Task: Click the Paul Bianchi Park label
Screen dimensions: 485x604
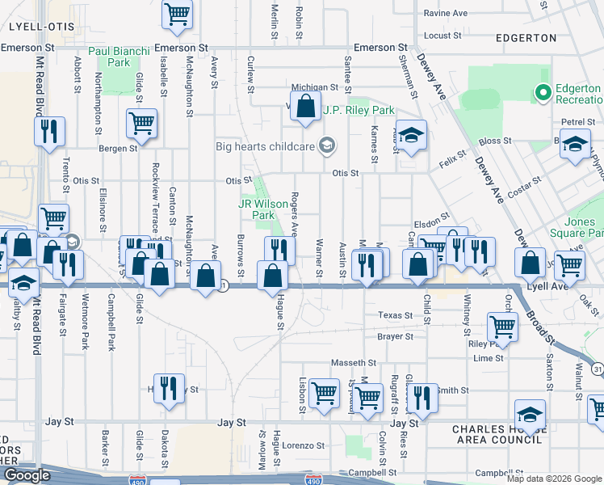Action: tap(119, 57)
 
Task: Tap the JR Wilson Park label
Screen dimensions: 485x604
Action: tap(263, 210)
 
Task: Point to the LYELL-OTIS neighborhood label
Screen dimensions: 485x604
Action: tap(41, 27)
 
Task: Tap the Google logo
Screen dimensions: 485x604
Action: tap(27, 475)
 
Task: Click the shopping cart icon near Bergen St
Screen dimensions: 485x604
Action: tap(141, 124)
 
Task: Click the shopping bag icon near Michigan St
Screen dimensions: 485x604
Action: tap(306, 106)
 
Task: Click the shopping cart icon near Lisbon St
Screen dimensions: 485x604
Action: tap(324, 394)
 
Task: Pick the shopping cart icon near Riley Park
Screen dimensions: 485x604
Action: tap(502, 327)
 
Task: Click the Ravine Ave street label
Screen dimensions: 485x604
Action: tap(446, 14)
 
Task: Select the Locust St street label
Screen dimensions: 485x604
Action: tap(442, 36)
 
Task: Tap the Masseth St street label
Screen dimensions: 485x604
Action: tap(360, 364)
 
